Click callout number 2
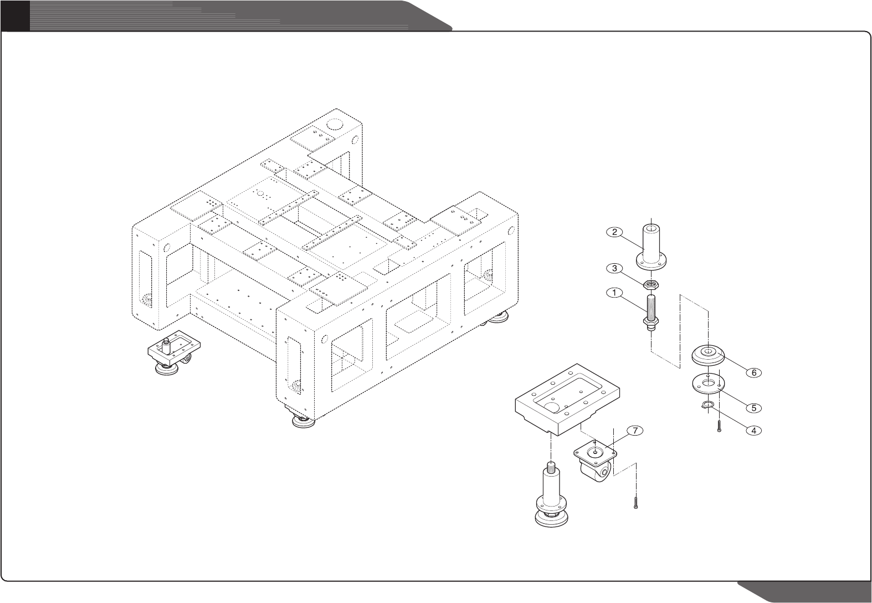tap(614, 232)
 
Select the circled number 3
tap(614, 269)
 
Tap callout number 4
tap(753, 430)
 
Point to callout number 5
tap(753, 407)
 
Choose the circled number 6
tap(753, 372)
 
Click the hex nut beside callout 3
tap(651, 285)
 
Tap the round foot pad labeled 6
tap(709, 355)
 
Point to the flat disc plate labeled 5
tap(709, 382)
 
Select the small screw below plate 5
tap(719, 426)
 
